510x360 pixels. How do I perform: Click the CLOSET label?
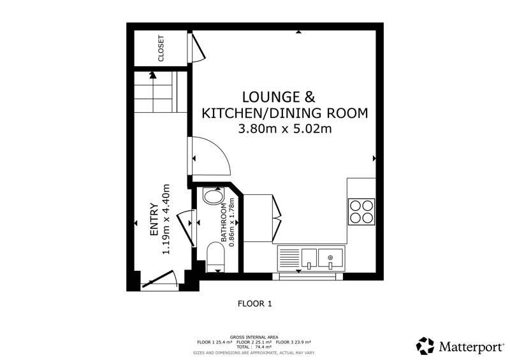[x=161, y=48]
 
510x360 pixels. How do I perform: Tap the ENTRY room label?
[x=154, y=220]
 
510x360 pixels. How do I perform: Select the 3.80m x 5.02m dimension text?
[x=285, y=129]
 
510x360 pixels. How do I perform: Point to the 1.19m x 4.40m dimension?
[x=166, y=220]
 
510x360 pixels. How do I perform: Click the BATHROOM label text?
[x=224, y=223]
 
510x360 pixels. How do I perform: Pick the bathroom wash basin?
[x=213, y=197]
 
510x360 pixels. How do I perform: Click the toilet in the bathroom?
[x=215, y=257]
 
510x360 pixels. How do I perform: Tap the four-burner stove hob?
[x=361, y=212]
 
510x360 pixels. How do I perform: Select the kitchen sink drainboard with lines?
[x=289, y=259]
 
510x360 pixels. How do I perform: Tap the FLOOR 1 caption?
[x=254, y=304]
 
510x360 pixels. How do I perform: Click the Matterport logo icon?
[x=425, y=346]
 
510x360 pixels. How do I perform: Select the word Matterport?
[x=470, y=347]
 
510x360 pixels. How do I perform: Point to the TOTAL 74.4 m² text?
[x=254, y=347]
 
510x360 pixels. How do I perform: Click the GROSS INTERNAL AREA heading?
[x=254, y=337]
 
